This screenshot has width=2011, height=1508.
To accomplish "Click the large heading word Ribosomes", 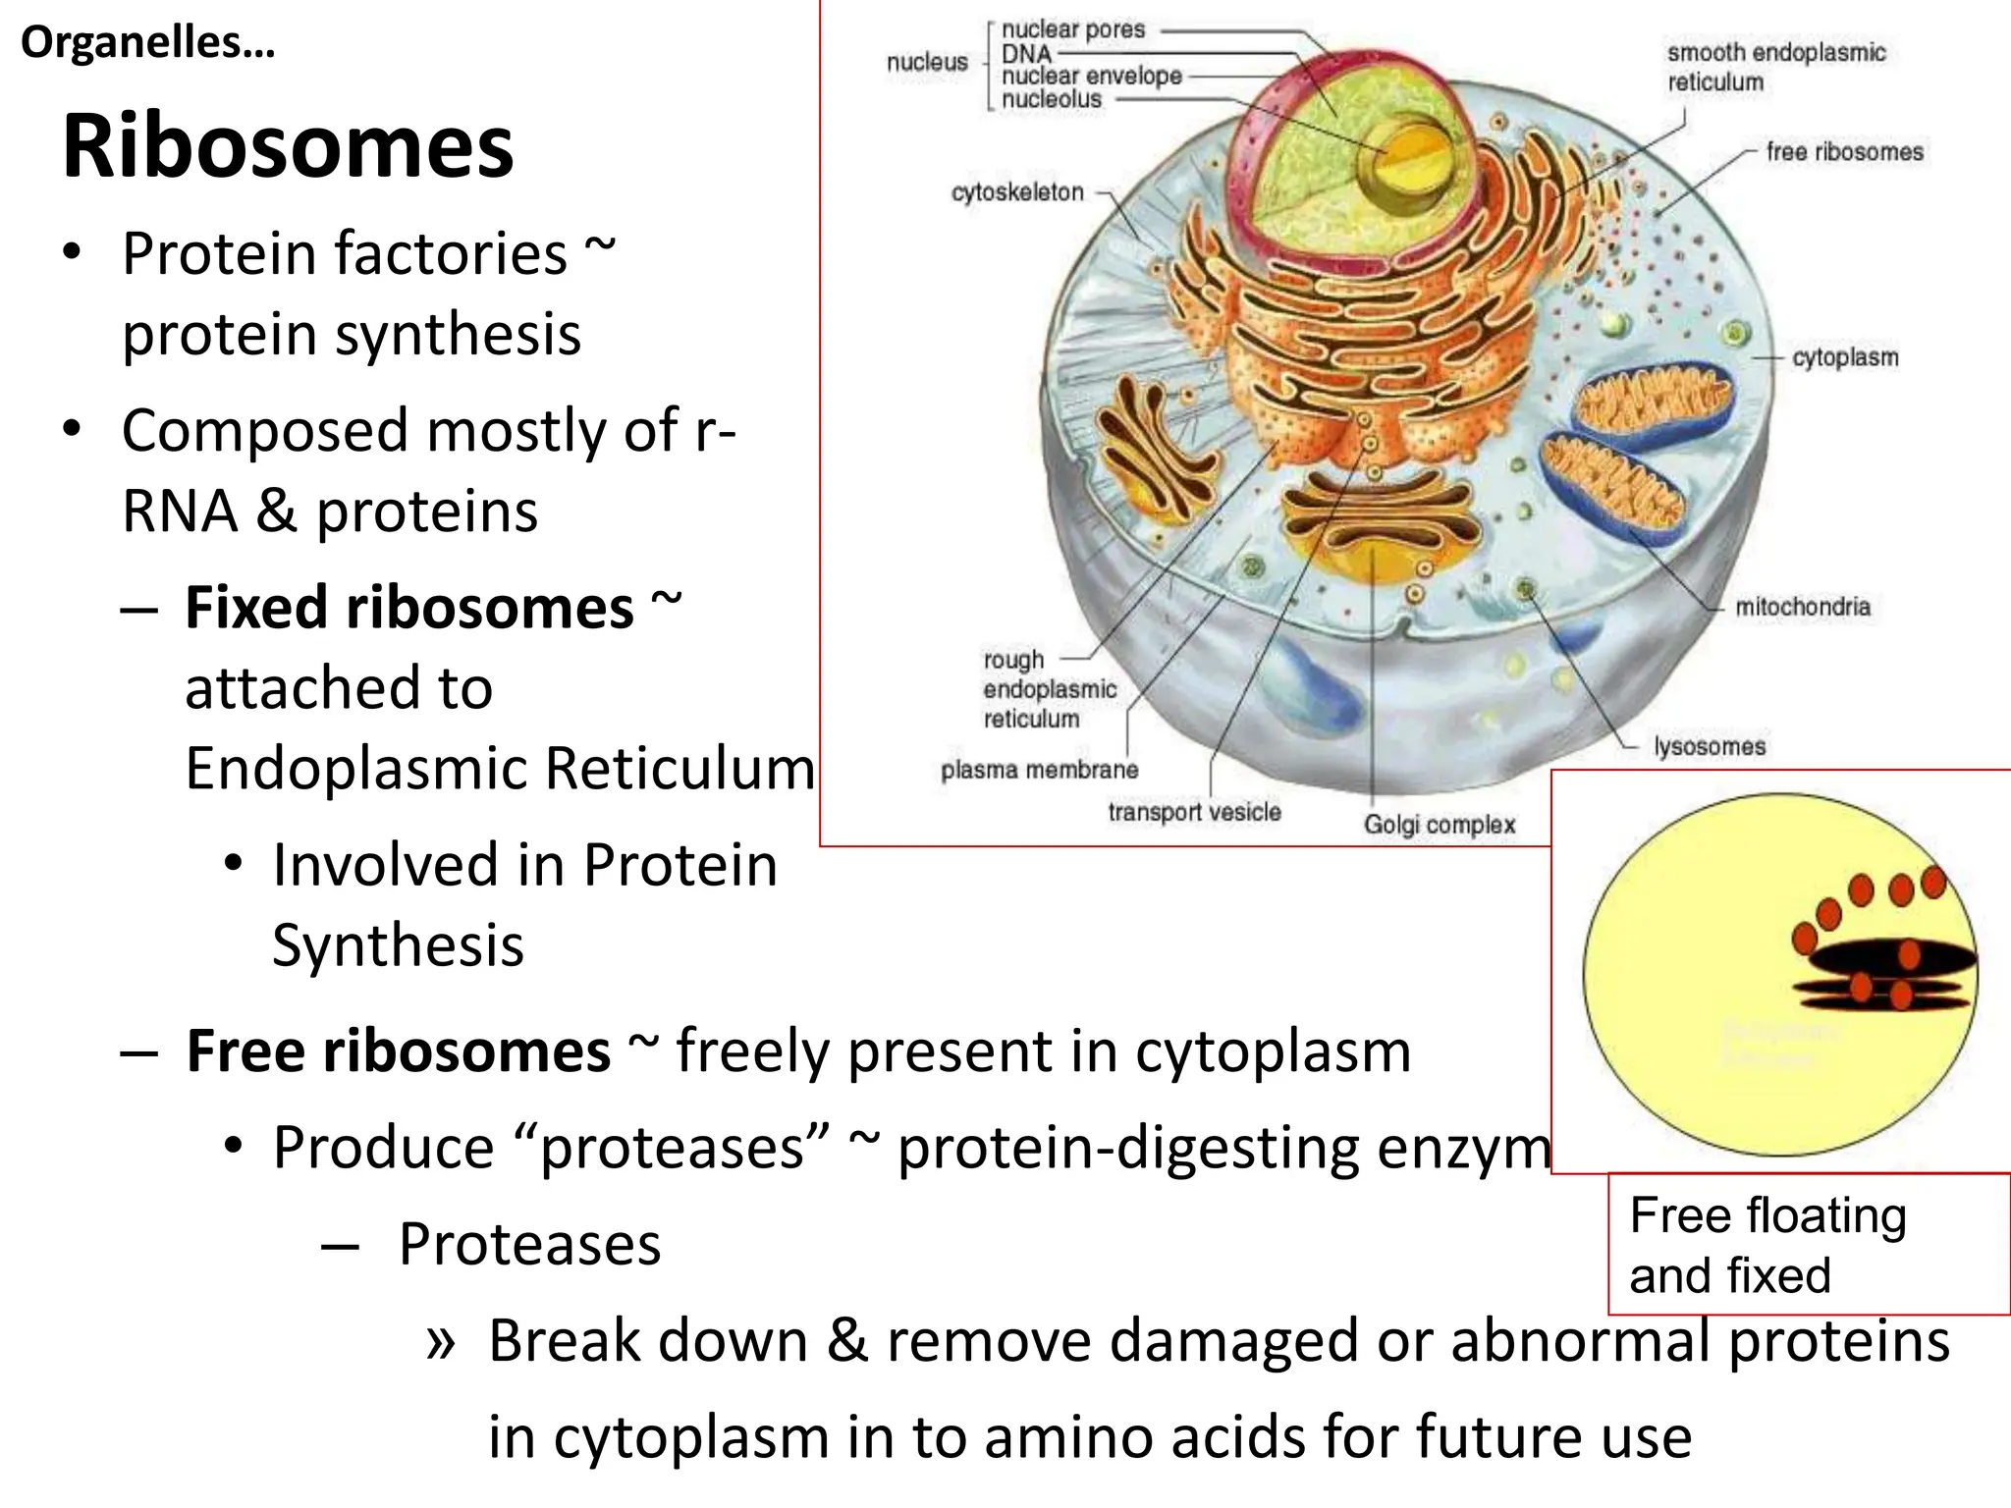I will [x=288, y=147].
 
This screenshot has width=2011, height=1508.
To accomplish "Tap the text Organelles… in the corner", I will [x=147, y=42].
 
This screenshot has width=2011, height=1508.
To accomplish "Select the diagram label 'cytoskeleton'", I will [x=1017, y=192].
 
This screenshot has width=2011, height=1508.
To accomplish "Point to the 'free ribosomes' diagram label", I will [x=1844, y=152].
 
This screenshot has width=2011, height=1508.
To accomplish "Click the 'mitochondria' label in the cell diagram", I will [x=1802, y=607].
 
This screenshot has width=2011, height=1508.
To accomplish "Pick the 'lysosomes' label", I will [x=1710, y=746].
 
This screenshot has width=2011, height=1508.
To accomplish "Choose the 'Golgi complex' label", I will [x=1439, y=825].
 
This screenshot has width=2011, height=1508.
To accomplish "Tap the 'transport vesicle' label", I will [x=1194, y=812].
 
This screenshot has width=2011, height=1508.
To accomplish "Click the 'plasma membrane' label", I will [x=1039, y=770].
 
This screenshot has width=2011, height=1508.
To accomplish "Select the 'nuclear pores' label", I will [x=1073, y=29].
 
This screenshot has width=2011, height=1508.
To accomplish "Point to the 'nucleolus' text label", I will [x=1052, y=99].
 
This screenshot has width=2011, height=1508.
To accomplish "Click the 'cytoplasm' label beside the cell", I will [x=1845, y=357].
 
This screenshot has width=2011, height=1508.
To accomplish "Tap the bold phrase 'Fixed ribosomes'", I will [x=408, y=608].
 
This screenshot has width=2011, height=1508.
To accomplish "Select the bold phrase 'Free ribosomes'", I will [x=399, y=1051].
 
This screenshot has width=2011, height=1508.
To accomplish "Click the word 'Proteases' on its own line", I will [x=529, y=1245].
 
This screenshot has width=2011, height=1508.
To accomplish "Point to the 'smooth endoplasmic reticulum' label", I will [x=1775, y=67].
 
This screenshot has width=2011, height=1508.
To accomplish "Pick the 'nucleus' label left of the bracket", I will [x=927, y=63].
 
